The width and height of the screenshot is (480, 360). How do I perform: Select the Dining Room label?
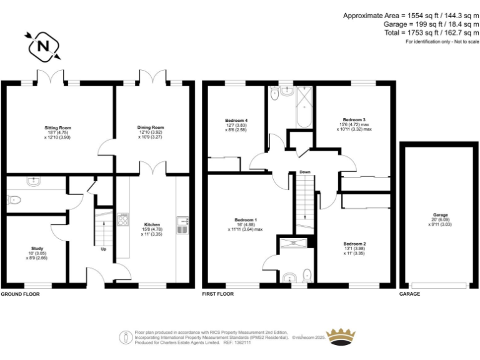tap(151, 127)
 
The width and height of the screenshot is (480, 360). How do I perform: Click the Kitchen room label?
tap(152, 224)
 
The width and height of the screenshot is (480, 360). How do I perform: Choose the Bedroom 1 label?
tap(246, 220)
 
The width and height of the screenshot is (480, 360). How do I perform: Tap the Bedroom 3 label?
tap(354, 120)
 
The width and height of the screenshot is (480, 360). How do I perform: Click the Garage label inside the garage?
tap(440, 215)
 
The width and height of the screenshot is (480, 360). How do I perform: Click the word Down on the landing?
tap(304, 172)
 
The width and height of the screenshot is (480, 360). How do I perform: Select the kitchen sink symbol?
tap(182, 224)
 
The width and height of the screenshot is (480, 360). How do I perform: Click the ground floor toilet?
tap(15, 201)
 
